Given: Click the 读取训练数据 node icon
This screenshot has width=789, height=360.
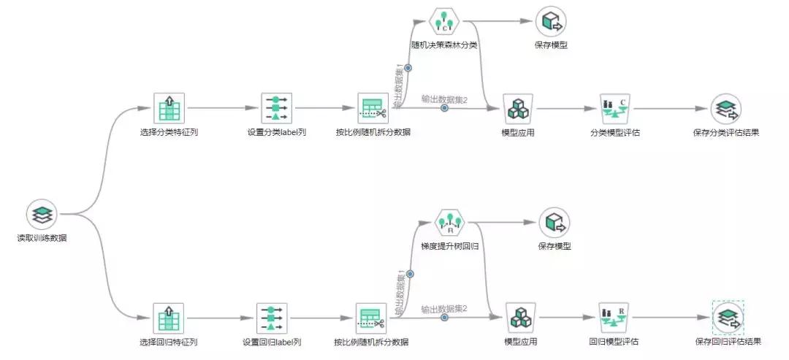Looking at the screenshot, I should point(42,215).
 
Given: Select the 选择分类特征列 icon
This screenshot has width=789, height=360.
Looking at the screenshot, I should point(169,108).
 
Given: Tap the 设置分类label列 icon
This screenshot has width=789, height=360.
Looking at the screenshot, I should point(276,108).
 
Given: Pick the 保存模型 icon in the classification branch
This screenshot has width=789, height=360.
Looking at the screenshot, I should point(551,21).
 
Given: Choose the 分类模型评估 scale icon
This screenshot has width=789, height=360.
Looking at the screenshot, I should point(614,108).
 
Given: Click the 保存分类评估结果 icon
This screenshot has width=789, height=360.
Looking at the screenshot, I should point(725,108).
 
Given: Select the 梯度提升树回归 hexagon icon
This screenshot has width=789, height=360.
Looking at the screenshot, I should point(450,222).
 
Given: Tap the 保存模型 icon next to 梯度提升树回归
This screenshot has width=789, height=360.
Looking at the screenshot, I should point(554,222).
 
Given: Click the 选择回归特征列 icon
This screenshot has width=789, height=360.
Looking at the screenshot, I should point(168,318).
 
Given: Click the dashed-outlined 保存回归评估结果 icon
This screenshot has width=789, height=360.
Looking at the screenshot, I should point(728,318).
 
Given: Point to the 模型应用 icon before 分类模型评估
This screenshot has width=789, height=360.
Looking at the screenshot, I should point(519,108).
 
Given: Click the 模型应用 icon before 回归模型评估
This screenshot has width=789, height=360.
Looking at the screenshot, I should point(521,318).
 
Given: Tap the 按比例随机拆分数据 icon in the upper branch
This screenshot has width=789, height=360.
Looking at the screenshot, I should point(373,108).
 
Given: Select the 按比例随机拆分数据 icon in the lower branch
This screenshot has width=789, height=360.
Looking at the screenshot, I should point(371,318).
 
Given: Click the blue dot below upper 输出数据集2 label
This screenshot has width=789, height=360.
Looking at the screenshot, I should point(444,108).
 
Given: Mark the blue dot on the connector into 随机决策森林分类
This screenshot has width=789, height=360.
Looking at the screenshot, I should point(408,68).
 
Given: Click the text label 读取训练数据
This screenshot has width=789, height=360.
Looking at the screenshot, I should point(42,238).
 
